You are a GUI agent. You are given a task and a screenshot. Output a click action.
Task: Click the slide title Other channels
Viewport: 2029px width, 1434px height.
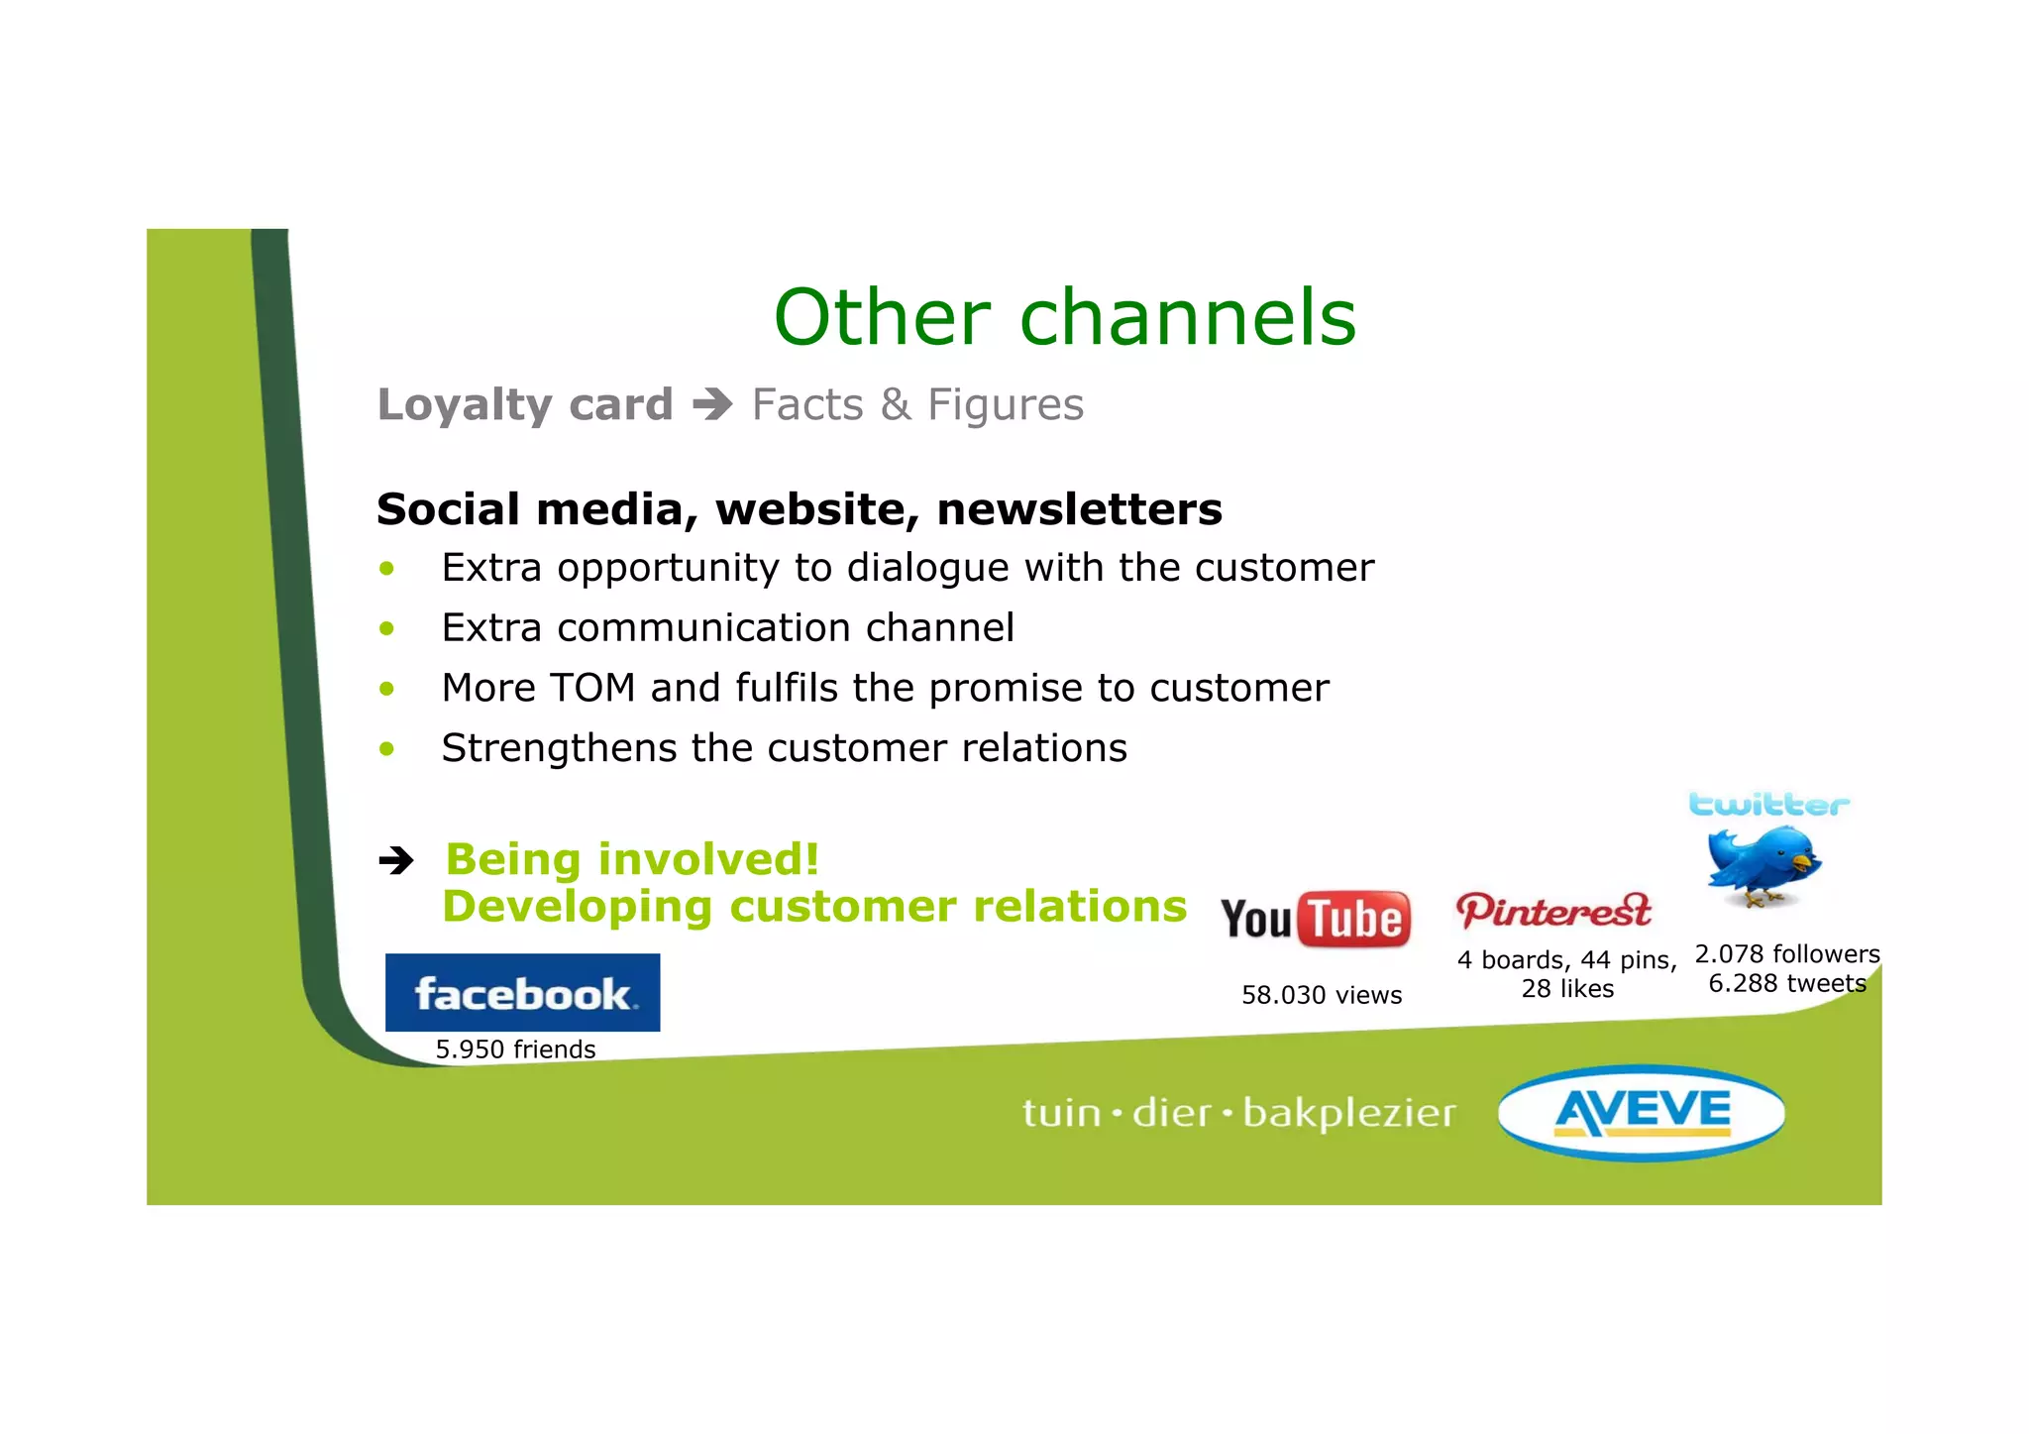click(1064, 318)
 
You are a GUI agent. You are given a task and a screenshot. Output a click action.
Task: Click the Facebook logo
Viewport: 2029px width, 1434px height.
click(522, 992)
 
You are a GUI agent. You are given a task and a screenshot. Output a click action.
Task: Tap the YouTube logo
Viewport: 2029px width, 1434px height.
click(1315, 919)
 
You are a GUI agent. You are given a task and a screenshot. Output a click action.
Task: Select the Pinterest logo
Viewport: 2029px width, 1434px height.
click(1552, 911)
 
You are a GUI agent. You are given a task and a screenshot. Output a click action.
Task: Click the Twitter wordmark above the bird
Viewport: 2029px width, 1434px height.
click(1768, 804)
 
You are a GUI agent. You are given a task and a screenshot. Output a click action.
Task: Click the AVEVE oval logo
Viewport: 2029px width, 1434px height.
click(1642, 1112)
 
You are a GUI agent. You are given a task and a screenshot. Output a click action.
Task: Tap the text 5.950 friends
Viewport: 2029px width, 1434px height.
click(515, 1049)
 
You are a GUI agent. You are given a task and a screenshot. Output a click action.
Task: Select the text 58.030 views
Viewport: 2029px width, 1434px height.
click(1322, 995)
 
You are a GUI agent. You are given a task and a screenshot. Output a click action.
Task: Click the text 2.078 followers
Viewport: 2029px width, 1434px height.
click(1787, 954)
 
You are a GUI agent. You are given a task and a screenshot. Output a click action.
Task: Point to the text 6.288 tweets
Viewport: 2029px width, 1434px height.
click(1787, 983)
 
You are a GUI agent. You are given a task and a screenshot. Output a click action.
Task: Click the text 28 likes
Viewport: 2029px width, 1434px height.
click(1567, 989)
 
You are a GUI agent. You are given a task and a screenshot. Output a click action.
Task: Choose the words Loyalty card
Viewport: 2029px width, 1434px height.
click(525, 404)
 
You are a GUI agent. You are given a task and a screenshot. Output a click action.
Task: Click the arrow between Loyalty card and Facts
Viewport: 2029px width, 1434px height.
click(712, 404)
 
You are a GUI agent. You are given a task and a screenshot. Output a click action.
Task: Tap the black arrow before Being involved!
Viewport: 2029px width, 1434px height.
click(396, 860)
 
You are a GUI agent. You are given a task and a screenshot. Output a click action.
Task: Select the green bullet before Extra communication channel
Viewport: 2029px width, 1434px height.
click(386, 628)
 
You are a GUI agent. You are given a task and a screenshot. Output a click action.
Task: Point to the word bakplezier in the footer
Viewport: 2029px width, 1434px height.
click(1349, 1114)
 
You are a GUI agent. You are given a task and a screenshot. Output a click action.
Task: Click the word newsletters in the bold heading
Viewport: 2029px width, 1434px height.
click(1079, 509)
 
